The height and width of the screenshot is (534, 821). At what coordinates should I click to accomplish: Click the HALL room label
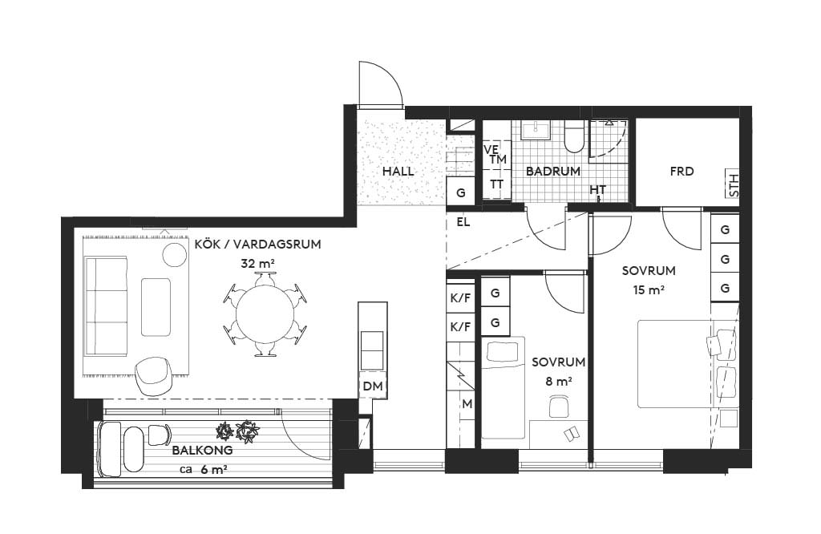[x=398, y=172]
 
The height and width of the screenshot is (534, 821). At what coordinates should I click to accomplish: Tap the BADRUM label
[x=553, y=172]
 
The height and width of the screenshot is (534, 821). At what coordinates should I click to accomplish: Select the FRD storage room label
[x=681, y=172]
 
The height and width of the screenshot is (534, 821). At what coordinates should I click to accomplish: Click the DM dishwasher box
[x=373, y=386]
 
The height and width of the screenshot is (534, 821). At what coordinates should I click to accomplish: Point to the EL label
[x=463, y=222]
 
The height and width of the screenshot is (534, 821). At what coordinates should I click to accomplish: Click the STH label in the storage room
[x=733, y=184]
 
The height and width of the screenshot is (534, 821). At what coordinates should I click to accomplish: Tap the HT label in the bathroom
[x=597, y=189]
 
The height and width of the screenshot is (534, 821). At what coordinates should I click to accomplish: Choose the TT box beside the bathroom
[x=496, y=184]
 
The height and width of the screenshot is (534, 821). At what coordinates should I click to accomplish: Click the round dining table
[x=265, y=314]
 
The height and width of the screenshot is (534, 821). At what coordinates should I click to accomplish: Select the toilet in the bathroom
[x=574, y=137]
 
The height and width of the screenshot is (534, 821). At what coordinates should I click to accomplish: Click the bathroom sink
[x=536, y=131]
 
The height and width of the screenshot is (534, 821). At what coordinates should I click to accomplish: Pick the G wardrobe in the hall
[x=461, y=192]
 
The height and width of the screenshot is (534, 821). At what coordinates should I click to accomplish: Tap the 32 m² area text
[x=258, y=263]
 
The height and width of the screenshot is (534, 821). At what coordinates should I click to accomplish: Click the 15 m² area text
[x=649, y=289]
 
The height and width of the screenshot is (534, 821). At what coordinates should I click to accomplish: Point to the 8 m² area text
[x=559, y=381]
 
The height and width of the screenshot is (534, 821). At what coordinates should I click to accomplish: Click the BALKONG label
[x=203, y=451]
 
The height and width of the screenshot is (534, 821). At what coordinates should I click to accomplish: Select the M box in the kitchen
[x=467, y=404]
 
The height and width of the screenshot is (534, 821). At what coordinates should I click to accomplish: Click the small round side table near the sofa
[x=174, y=254]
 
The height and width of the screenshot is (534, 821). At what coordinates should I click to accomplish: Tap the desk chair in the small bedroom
[x=559, y=406]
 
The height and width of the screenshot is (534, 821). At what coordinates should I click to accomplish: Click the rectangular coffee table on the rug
[x=156, y=307]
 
